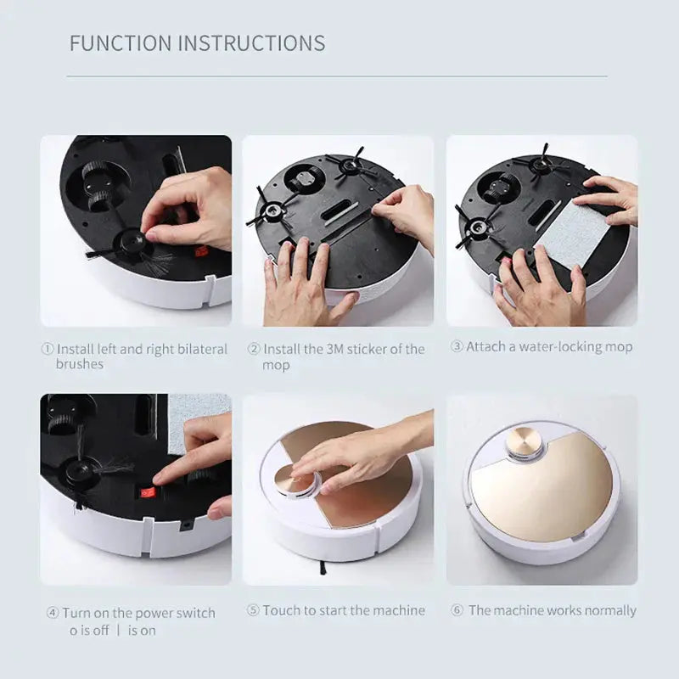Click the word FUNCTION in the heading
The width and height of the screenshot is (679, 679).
pos(120,43)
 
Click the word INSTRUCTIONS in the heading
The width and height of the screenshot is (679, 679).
pos(250,43)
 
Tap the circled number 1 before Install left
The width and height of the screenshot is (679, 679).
pos(48,349)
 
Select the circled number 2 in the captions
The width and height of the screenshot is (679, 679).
pos(253,349)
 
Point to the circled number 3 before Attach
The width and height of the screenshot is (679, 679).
pos(456,347)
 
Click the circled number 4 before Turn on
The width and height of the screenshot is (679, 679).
pos(53,613)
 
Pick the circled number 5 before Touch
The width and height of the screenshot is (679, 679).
pos(252,610)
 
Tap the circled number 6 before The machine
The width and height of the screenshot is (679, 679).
pos(456,610)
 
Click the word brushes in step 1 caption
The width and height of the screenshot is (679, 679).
pos(79,364)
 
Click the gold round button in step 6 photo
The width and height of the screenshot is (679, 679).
pos(525,442)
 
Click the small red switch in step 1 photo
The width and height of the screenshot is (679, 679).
pos(201,251)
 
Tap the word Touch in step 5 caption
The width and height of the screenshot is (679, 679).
pos(281,610)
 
